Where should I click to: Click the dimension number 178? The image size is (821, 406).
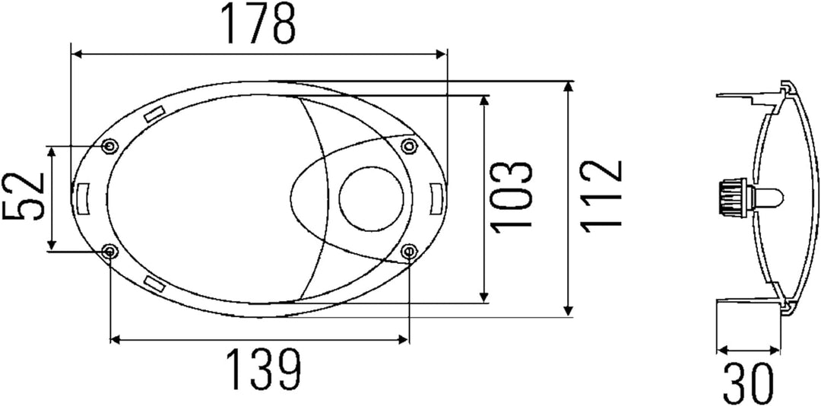click(x=258, y=24)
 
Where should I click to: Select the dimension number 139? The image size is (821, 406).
click(x=263, y=367)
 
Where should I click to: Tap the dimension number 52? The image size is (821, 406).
click(x=24, y=198)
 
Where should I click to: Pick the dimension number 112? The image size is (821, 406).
click(x=601, y=195)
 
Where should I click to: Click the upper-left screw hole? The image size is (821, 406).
click(x=109, y=146)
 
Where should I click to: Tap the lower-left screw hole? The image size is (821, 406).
click(x=109, y=252)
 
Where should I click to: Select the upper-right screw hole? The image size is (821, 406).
click(x=408, y=146)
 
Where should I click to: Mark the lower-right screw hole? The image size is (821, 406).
click(x=408, y=252)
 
